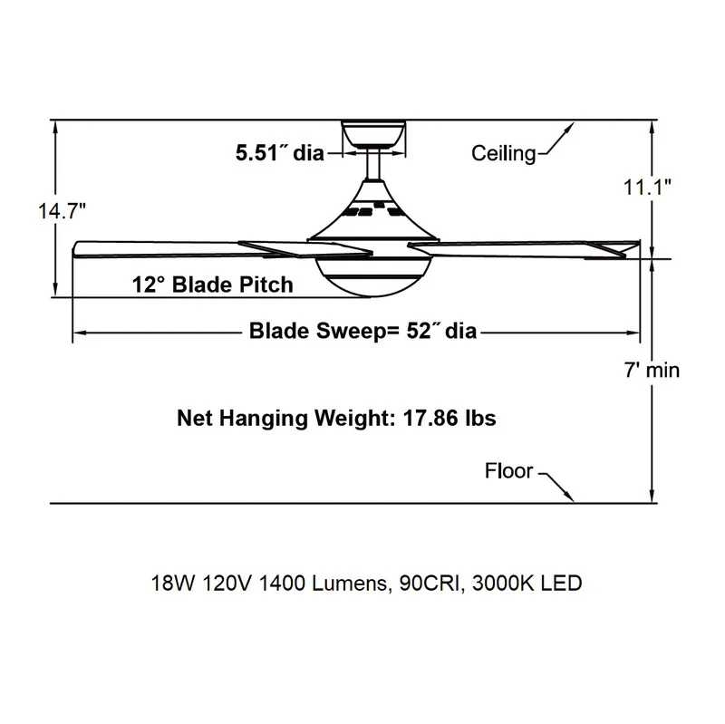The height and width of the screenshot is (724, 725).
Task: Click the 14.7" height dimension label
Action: coord(62,211)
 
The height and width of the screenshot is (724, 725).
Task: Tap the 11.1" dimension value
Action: coord(647,188)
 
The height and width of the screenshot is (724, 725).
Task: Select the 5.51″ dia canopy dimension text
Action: coord(280,152)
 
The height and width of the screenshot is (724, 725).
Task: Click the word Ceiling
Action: coord(504,153)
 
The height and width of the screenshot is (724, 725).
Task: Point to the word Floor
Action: coord(508,470)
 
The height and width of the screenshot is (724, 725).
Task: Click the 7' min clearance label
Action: coord(652,371)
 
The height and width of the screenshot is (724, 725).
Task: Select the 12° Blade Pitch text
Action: coord(213,285)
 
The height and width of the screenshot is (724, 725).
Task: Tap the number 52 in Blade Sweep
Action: coord(419,331)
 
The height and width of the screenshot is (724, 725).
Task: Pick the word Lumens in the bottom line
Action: coord(350,583)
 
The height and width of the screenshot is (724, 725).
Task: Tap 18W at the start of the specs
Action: coord(173,583)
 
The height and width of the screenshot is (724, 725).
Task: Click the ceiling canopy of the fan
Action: coord(373,134)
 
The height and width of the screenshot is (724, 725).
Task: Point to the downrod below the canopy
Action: coord(373,165)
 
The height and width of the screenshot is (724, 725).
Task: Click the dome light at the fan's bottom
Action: coord(373,276)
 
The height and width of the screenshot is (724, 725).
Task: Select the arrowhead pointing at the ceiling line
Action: coord(568,130)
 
